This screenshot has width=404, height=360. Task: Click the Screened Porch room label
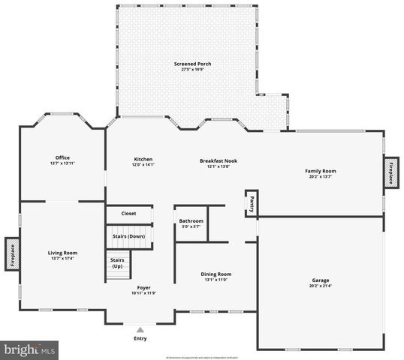(193, 64)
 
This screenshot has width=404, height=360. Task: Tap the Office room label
(62, 157)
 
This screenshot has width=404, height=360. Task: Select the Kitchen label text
(143, 159)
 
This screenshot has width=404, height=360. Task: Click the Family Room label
(320, 171)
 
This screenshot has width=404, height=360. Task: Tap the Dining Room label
(216, 274)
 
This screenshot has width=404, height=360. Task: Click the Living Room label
(62, 253)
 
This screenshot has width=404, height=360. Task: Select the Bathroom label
(191, 221)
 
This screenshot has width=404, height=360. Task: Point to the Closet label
(129, 214)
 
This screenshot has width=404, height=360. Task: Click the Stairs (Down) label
(129, 236)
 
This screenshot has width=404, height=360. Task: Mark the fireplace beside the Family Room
(390, 172)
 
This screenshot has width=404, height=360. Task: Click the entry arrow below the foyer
(140, 328)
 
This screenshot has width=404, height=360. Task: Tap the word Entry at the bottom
(140, 337)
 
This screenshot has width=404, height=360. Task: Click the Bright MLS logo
(30, 349)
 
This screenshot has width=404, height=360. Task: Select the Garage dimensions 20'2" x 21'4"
(320, 286)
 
